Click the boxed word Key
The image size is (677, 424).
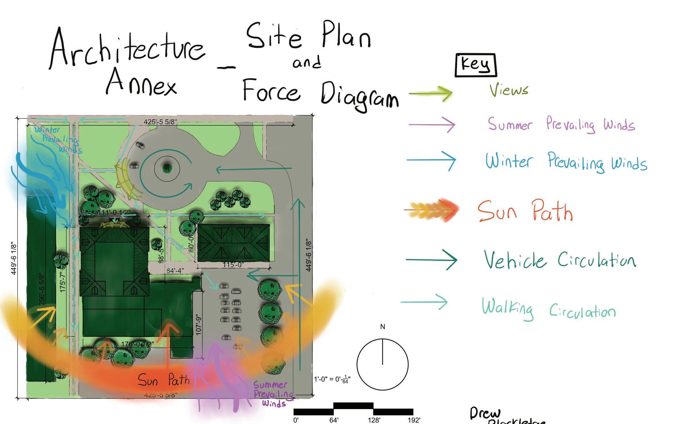point(475,65)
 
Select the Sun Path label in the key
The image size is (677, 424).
point(525,211)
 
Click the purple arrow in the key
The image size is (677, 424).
point(432,125)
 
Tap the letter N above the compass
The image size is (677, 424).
point(382,327)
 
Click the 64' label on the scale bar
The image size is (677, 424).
point(334,420)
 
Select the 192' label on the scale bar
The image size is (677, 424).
point(414,420)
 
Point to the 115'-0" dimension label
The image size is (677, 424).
point(233,264)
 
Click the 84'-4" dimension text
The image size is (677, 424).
point(175,271)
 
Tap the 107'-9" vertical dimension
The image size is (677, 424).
point(199,326)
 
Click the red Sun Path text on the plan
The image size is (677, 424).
point(164,380)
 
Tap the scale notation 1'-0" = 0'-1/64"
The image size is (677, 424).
point(332,379)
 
